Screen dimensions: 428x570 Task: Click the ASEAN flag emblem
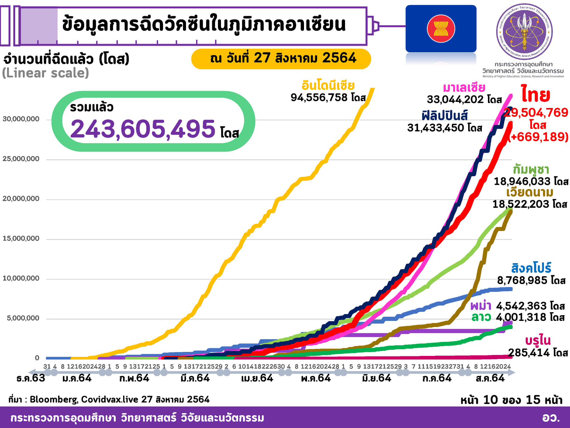(441, 29)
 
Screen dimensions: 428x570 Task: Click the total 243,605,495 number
(143, 129)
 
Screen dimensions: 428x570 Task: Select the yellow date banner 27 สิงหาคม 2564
(281, 58)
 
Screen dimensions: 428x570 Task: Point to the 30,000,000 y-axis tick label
(21, 119)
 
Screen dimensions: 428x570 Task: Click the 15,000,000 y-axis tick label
(21, 238)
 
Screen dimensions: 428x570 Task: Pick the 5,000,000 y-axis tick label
(23, 318)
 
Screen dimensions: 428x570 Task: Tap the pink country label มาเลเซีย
(464, 88)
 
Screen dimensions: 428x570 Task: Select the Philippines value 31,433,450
(444, 128)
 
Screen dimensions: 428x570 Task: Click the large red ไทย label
(536, 95)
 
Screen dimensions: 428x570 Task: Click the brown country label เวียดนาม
(530, 192)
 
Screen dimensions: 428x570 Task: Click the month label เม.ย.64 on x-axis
(257, 378)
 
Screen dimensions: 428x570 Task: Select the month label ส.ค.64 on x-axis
(490, 378)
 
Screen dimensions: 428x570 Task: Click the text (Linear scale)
(46, 73)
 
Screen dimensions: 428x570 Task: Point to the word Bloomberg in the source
(54, 399)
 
